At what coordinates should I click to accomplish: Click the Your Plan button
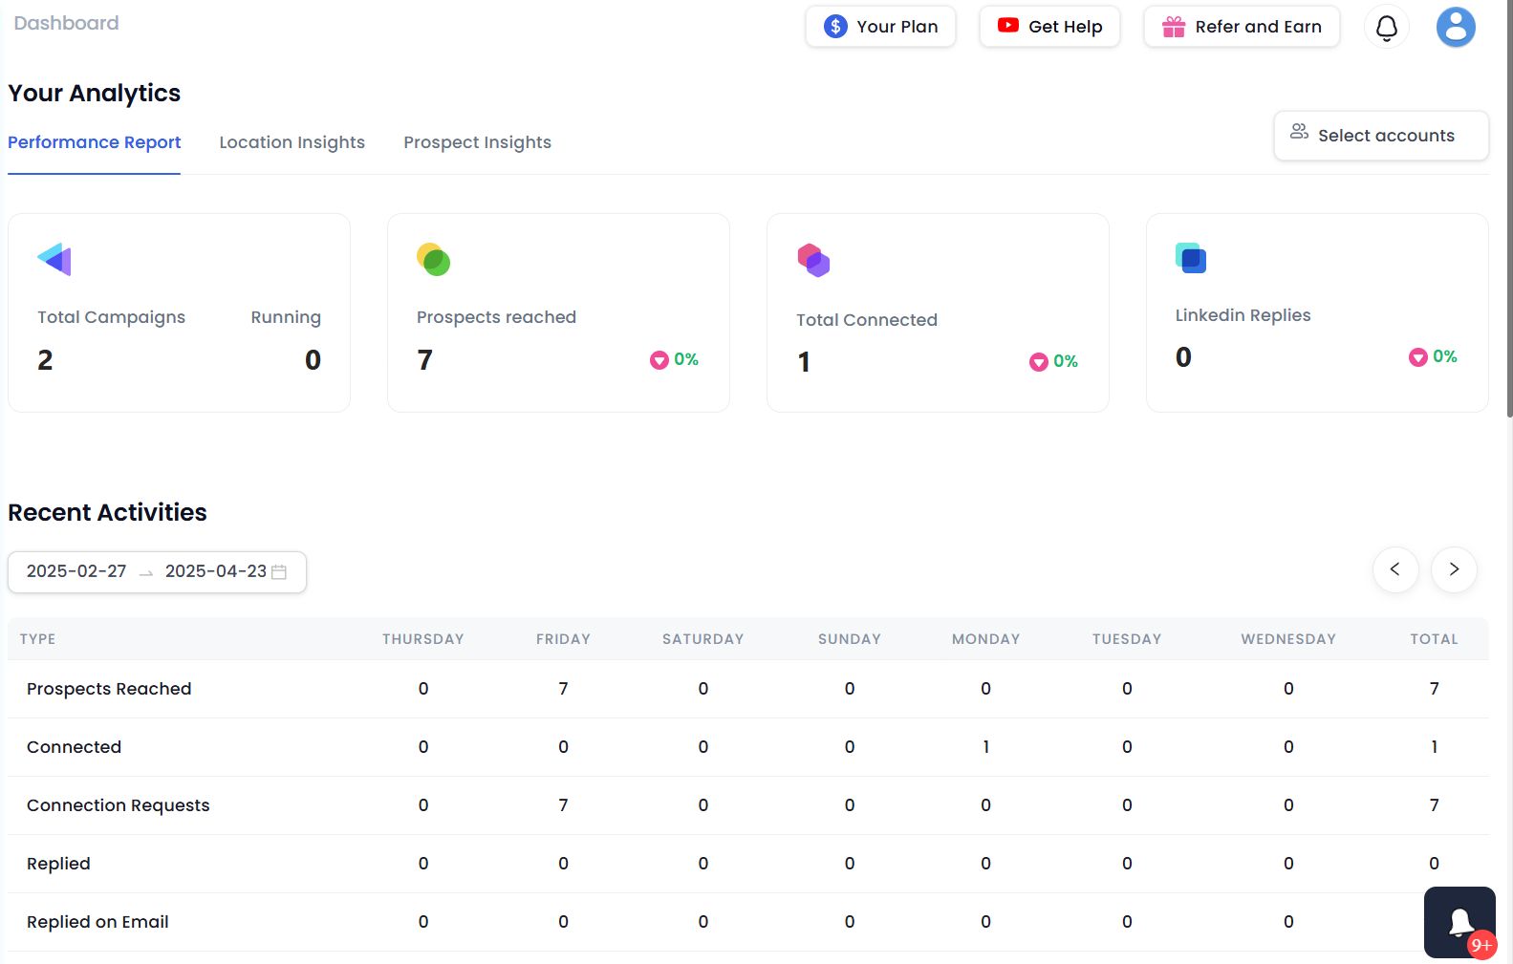880,27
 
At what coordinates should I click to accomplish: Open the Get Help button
1049,27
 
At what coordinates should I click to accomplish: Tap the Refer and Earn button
1242,27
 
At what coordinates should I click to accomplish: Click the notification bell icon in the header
1386,28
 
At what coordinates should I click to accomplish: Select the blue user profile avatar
1455,27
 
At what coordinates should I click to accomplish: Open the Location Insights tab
292,142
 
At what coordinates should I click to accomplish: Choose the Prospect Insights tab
477,142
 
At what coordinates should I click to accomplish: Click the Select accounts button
1380,136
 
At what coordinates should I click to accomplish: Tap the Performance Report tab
94,142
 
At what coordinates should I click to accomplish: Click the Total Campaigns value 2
45,360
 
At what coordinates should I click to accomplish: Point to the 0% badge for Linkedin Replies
1433,357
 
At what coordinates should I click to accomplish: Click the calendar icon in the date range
279,571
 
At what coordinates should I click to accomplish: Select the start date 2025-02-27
76,571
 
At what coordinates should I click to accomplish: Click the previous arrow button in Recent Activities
1394,569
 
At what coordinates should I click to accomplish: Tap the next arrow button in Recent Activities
1453,569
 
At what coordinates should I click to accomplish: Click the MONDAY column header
985,639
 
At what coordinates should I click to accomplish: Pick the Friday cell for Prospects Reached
563,689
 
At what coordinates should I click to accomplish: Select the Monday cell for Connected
985,747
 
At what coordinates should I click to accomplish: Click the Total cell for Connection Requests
1434,805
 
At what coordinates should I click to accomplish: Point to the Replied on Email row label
97,922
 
